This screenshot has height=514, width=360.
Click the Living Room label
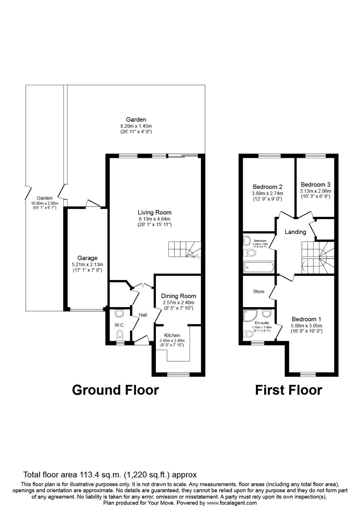pos(155,212)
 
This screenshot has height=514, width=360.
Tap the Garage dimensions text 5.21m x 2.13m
pos(87,264)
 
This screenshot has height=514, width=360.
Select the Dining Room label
pos(178,296)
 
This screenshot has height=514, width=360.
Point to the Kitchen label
pos(172,335)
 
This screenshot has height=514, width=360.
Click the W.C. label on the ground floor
pos(120,325)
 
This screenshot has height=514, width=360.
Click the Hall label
pos(143,315)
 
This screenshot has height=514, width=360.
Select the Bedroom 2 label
pos(267,187)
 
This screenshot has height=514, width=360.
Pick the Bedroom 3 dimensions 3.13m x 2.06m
pos(315,191)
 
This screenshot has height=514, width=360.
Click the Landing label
pos(295,232)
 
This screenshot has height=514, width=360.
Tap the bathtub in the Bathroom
pos(259,266)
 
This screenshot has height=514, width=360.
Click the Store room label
pos(259,291)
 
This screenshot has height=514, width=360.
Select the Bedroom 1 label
pos(306,319)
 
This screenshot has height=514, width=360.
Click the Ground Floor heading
pos(115,390)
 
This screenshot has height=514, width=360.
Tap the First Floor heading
pos(288,390)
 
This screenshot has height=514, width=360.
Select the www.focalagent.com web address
pos(231,503)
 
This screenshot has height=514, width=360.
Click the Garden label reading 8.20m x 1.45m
pos(136,126)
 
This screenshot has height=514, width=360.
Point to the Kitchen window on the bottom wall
pos(178,374)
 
